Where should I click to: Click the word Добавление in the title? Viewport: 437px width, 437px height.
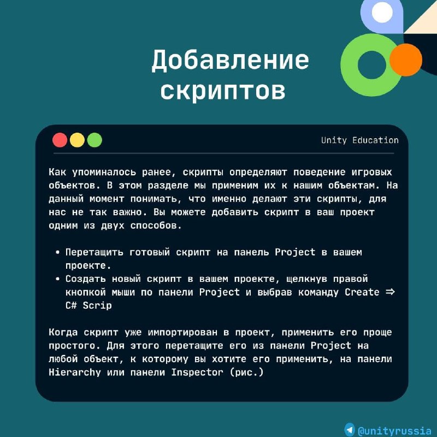(230, 60)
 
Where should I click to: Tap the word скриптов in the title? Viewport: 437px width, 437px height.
(223, 91)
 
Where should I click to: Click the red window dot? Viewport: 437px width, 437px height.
(60, 140)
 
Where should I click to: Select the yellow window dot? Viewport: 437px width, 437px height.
(77, 140)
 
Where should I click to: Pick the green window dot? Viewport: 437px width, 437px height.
(95, 140)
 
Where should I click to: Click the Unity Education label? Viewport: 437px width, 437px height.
(360, 140)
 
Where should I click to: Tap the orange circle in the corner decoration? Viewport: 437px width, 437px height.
(406, 60)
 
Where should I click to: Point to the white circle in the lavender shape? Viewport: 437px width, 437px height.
(382, 11)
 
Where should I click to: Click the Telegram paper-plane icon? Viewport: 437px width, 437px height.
(349, 429)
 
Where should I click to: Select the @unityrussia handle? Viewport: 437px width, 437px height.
(394, 430)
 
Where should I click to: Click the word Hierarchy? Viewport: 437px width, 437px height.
(75, 373)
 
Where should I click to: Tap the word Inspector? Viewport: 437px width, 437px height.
(197, 373)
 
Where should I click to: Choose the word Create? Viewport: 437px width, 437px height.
(362, 292)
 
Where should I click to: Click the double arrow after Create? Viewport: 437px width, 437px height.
(390, 292)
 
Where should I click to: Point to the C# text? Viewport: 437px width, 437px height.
(71, 305)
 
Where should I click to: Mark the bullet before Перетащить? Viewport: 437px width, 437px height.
(58, 252)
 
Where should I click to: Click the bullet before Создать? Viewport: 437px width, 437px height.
(58, 279)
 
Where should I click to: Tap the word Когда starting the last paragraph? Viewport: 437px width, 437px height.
(63, 332)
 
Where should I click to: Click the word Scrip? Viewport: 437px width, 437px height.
(97, 306)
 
